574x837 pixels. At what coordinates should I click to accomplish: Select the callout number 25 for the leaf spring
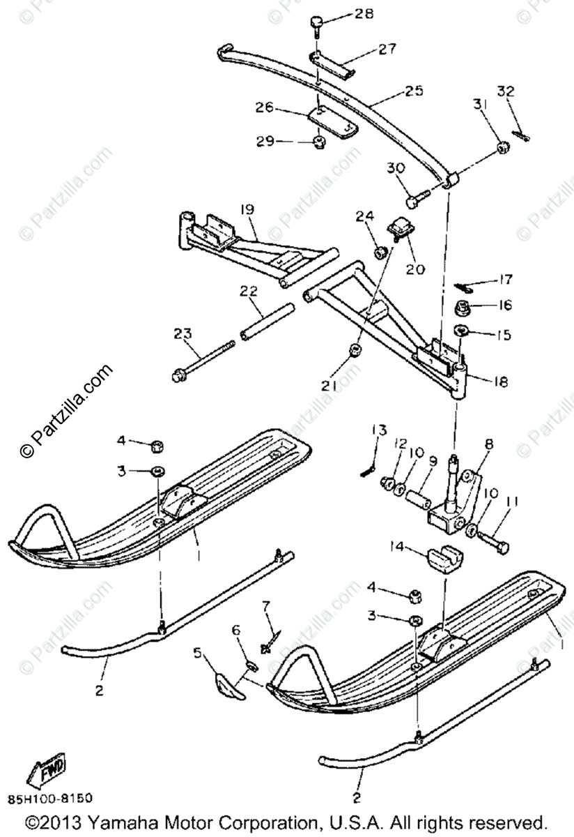click(x=414, y=91)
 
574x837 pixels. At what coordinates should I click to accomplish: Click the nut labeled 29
click(x=320, y=142)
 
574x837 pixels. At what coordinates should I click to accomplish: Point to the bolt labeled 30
click(x=413, y=200)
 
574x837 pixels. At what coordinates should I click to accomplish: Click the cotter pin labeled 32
click(x=520, y=134)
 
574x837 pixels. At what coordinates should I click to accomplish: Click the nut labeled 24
click(x=380, y=251)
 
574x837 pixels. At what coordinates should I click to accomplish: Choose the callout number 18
click(x=500, y=382)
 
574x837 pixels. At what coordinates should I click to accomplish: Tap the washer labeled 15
click(x=460, y=331)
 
